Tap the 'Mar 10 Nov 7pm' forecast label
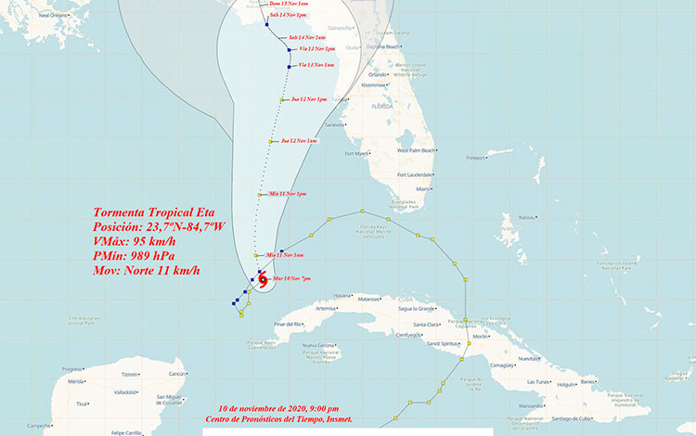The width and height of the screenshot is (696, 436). point(290,278)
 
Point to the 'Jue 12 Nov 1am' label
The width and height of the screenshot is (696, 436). point(299,140)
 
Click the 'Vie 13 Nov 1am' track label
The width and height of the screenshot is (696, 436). point(316,64)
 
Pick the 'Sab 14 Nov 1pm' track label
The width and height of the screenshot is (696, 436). point(288,16)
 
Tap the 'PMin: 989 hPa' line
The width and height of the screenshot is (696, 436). point(134,255)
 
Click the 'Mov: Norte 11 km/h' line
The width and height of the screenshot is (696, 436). point(148,270)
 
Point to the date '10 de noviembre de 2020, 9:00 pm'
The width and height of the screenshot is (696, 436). point(278,408)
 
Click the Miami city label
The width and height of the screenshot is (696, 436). point(424,188)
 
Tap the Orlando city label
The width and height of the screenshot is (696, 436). point(377,74)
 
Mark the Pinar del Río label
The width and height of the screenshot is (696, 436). point(289,323)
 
